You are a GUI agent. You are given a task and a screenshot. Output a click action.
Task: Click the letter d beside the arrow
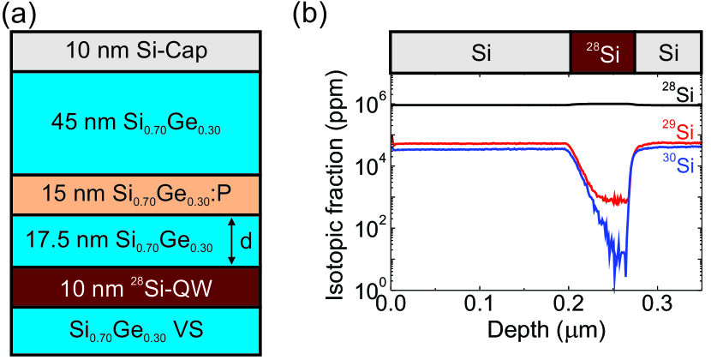246,242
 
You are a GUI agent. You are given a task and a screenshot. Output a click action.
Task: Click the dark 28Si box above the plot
602,54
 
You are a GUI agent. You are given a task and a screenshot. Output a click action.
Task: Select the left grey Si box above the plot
481,54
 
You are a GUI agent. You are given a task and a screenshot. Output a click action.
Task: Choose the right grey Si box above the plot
669,54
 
